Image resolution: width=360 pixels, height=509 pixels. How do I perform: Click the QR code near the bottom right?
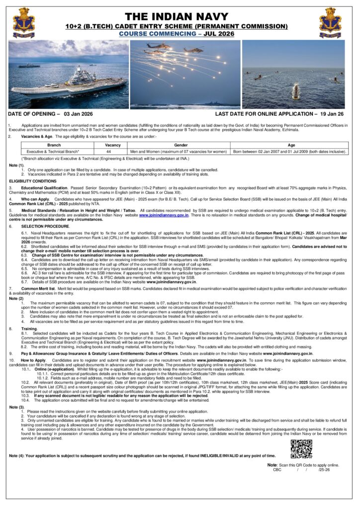(x=301, y=449)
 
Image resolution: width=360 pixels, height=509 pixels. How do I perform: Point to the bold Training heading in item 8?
(x=29, y=329)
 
